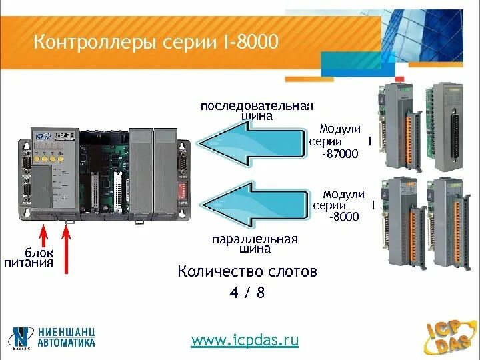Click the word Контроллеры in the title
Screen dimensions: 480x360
tap(89, 43)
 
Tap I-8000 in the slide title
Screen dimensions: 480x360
tap(248, 43)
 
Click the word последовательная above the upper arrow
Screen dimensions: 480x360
tap(257, 106)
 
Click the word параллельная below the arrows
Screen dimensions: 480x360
tap(255, 239)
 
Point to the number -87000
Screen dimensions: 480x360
tap(340, 154)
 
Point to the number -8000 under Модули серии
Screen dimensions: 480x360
tap(343, 217)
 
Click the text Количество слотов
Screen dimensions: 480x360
tap(247, 272)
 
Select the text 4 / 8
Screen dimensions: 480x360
tap(247, 293)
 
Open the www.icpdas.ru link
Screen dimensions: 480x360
tap(245, 340)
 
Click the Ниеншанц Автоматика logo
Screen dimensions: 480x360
tap(53, 337)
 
